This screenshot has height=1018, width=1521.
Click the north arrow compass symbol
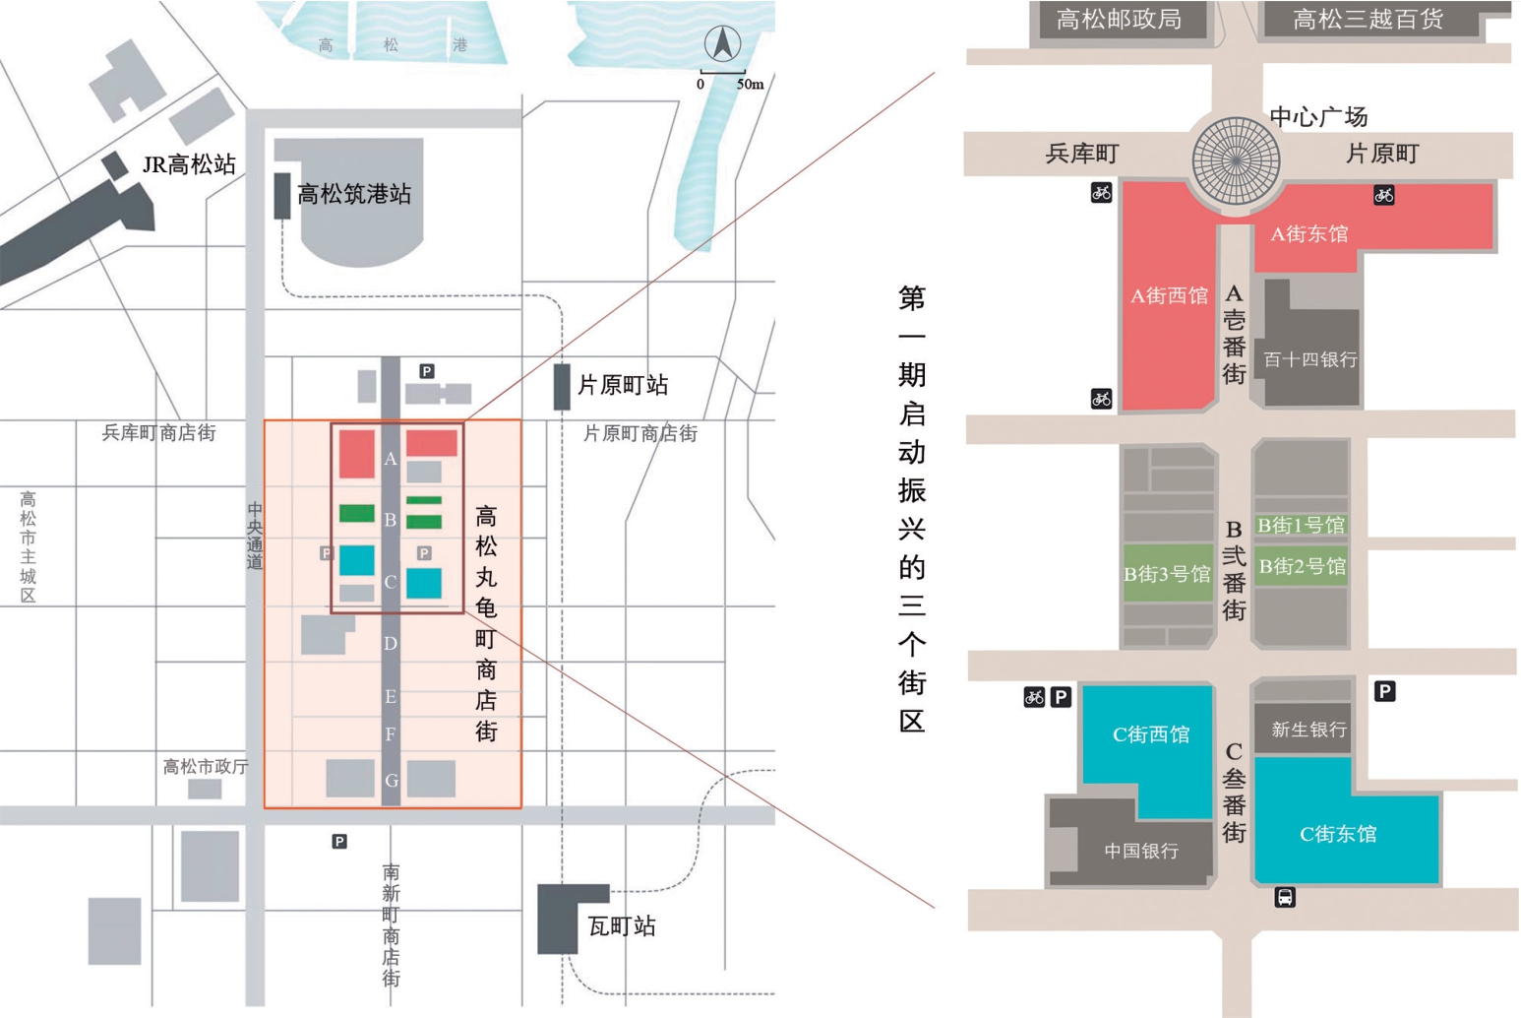click(722, 43)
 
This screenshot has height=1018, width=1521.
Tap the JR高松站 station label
click(189, 164)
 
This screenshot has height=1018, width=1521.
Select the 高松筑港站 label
click(354, 194)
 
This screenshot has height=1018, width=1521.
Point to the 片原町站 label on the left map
click(623, 385)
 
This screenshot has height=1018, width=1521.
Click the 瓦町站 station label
click(621, 926)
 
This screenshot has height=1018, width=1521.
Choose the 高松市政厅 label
click(206, 766)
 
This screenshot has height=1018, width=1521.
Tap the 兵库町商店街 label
click(158, 432)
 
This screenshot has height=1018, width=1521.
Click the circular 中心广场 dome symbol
click(1236, 160)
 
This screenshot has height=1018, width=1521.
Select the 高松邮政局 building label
click(1119, 20)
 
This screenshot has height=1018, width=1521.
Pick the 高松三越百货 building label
click(1368, 20)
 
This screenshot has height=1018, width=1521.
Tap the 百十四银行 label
click(1309, 359)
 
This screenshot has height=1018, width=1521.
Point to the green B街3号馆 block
click(1167, 574)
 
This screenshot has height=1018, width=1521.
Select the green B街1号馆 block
click(1301, 526)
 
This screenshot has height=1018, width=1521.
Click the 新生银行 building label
click(1308, 730)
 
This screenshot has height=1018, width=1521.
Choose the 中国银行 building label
click(1141, 851)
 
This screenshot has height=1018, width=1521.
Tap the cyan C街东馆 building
click(1338, 834)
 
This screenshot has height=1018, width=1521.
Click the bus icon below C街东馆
click(1285, 897)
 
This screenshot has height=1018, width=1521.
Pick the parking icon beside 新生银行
click(1384, 691)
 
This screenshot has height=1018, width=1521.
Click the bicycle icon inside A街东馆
click(1383, 195)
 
